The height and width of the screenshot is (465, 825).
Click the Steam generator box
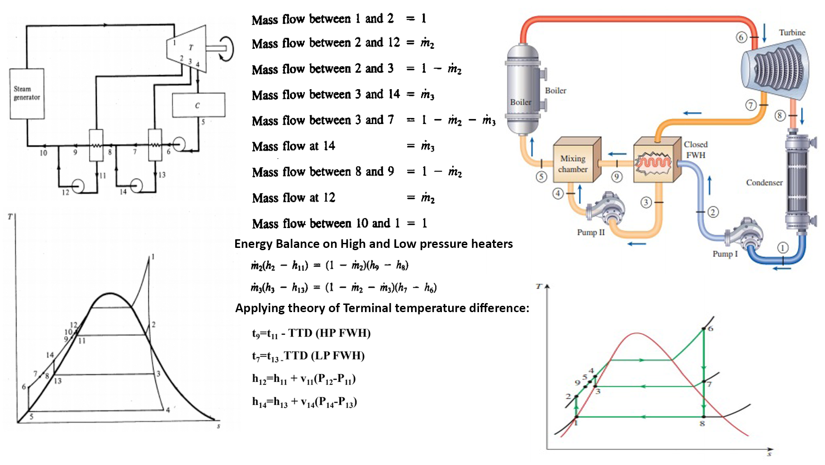click(x=27, y=94)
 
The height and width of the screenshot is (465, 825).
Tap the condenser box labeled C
click(x=198, y=105)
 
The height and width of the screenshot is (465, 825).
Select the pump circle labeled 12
click(x=78, y=186)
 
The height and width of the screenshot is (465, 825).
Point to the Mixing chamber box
click(x=573, y=164)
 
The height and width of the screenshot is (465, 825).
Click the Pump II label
click(x=590, y=232)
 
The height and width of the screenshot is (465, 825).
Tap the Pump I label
click(x=725, y=254)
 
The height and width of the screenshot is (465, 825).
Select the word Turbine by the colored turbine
click(x=792, y=33)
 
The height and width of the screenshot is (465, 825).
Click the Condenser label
click(x=764, y=183)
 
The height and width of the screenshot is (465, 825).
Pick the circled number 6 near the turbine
click(x=741, y=37)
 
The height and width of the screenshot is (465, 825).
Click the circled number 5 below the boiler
click(x=541, y=177)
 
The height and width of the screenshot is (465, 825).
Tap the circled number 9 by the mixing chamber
click(x=616, y=177)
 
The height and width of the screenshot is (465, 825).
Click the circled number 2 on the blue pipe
click(x=713, y=212)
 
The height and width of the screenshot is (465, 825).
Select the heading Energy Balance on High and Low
click(x=373, y=244)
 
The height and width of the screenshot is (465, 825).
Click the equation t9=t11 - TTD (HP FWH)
click(x=311, y=333)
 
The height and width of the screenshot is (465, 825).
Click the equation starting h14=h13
click(x=304, y=402)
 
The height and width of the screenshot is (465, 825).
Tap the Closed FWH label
click(x=696, y=150)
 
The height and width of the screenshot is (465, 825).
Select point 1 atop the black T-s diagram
click(x=149, y=258)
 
